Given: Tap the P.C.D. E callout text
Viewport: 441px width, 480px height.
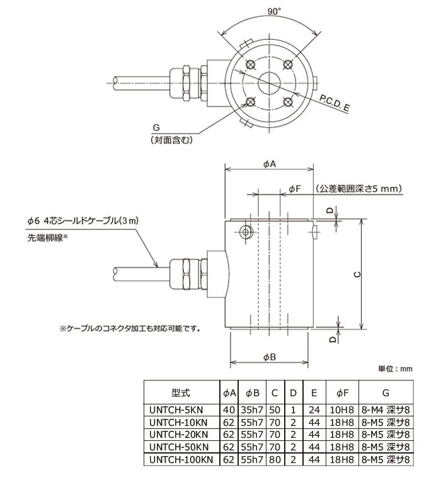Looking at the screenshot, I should pos(335,103).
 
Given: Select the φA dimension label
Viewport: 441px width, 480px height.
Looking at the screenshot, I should pos(270,164).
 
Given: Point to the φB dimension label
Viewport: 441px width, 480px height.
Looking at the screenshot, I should pos(270,357).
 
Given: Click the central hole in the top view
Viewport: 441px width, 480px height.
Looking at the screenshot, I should pos(270,82).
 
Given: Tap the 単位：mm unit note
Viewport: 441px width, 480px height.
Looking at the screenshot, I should pos(395,369).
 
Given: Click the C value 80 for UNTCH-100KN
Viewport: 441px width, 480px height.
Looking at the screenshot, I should pos(275,460).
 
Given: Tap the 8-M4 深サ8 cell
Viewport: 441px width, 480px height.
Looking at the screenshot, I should pos(387,408).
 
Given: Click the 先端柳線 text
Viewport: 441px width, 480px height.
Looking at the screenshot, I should pos(47,237).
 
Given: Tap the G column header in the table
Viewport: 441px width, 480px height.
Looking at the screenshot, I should pos(386,392).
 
